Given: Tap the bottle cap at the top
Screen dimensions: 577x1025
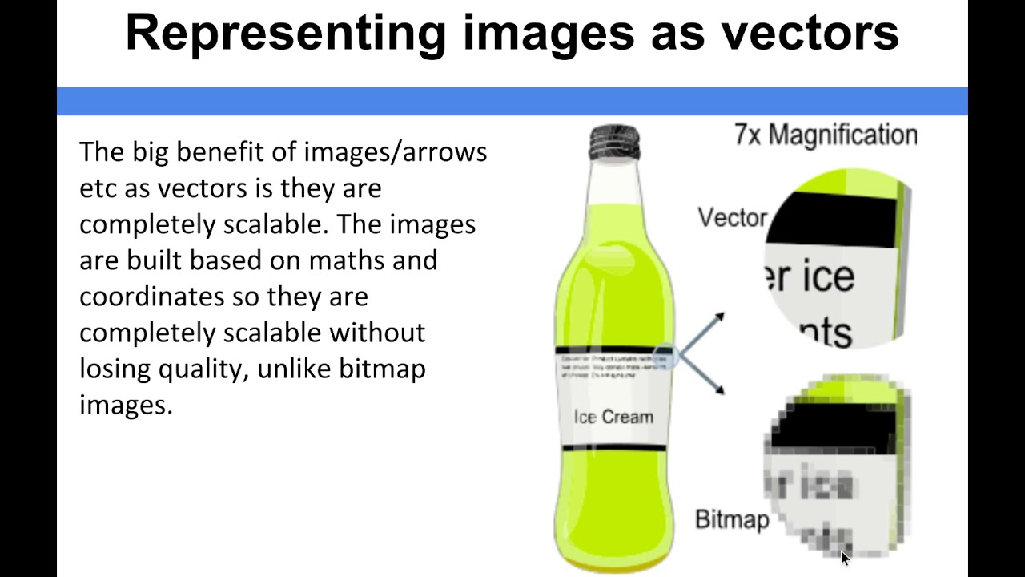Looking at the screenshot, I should [614, 141].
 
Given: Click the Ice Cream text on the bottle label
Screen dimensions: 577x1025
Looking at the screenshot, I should [613, 417].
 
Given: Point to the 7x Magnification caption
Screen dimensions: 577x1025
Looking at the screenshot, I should [826, 135].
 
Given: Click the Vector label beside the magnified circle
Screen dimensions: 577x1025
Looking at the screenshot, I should [732, 217].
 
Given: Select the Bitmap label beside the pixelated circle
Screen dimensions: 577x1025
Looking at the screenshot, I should [732, 519].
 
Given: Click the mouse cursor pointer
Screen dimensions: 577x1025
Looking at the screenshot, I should [845, 557].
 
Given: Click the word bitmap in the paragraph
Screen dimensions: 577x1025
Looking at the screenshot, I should [382, 369].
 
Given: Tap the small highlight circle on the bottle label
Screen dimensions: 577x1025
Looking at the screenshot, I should [665, 355].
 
